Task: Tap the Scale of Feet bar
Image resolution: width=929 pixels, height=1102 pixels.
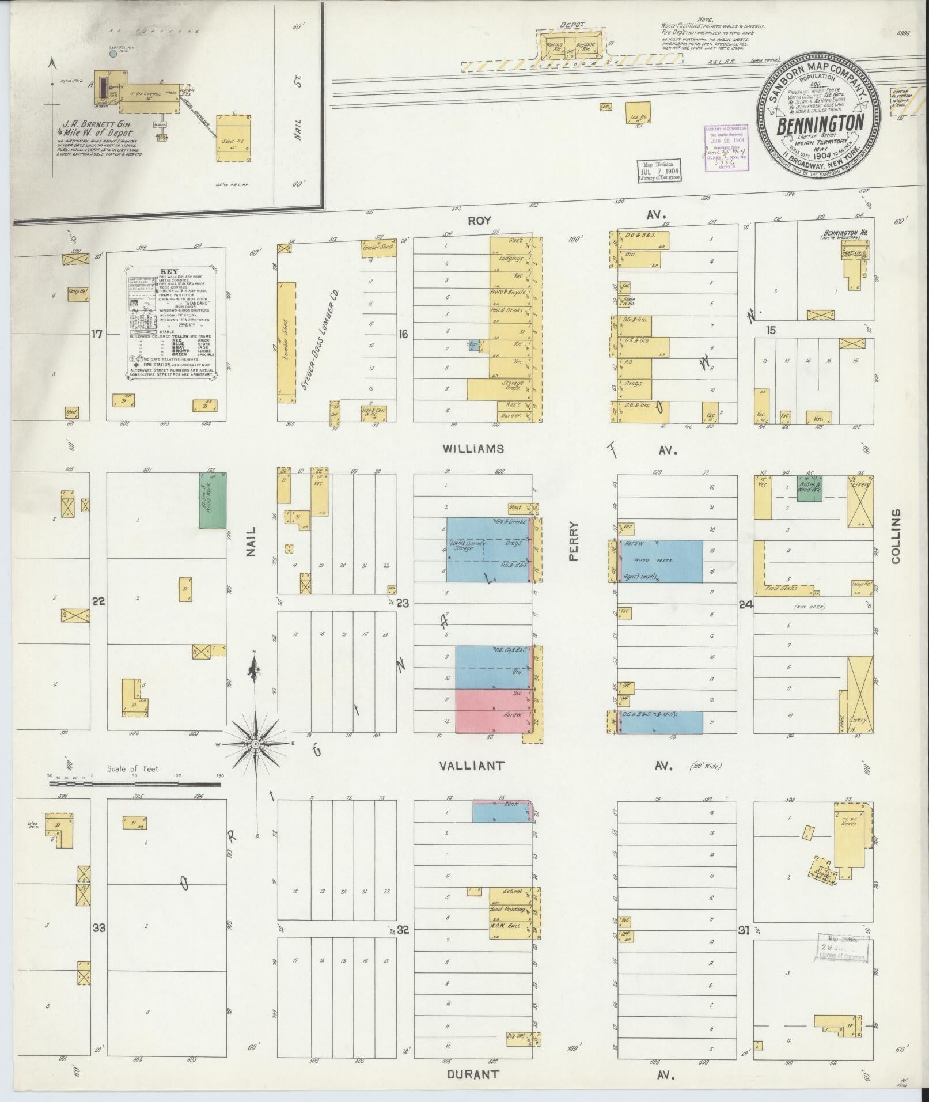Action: point(136,783)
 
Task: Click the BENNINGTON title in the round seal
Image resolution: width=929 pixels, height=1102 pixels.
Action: point(820,124)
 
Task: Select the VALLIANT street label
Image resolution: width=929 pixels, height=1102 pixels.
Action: point(472,766)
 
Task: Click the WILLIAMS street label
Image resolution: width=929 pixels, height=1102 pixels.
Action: point(473,449)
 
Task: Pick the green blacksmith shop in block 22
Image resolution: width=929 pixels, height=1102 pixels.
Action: point(213,500)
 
